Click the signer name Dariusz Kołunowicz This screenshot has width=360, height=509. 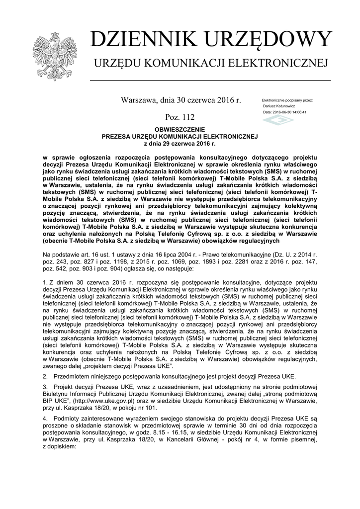pos(278,106)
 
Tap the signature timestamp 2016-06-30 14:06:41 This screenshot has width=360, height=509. pos(290,112)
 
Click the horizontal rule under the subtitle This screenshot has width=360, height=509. pos(210,80)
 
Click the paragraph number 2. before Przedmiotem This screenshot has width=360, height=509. pos(46,376)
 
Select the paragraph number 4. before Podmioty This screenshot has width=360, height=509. pos(46,419)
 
